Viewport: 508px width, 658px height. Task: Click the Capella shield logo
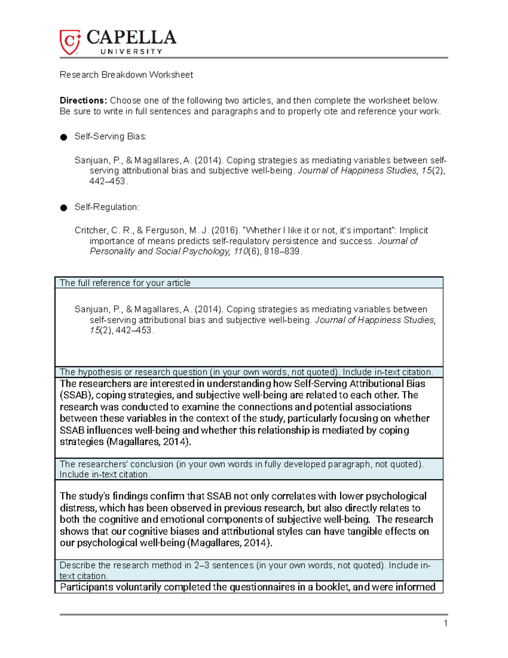[70, 42]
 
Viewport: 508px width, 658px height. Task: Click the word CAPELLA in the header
[131, 38]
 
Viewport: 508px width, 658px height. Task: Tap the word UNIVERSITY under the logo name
[131, 52]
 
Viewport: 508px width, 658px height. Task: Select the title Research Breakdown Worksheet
[126, 75]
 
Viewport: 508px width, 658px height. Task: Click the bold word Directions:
[83, 101]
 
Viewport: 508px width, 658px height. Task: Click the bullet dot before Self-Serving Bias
[63, 137]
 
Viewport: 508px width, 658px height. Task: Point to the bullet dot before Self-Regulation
[63, 208]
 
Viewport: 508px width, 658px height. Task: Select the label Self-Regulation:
[107, 207]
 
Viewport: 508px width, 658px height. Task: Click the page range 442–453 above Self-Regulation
[108, 181]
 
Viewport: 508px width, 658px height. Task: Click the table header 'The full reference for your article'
[125, 283]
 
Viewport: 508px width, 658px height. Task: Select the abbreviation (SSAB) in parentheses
[74, 395]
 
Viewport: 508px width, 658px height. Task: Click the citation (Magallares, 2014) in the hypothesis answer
[149, 442]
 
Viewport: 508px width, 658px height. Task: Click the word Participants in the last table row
[86, 587]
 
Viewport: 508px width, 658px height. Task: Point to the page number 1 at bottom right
[445, 623]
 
